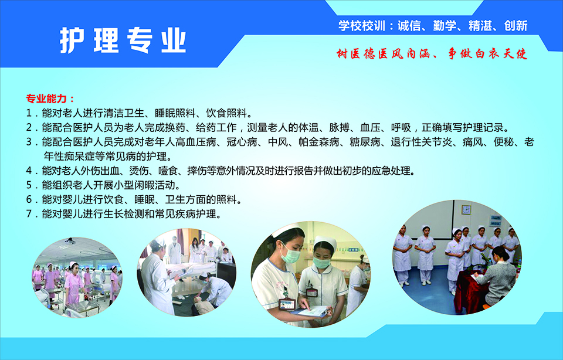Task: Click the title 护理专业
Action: point(123,40)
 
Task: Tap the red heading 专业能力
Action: point(46,99)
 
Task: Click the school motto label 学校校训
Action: point(362,26)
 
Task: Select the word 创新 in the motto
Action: point(515,26)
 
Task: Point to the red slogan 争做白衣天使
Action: point(487,54)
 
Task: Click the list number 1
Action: point(29,113)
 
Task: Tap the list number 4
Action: point(29,171)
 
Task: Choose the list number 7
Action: point(29,214)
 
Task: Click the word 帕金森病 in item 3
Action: point(319,142)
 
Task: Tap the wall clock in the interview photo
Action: point(466,210)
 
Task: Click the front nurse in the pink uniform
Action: point(74,284)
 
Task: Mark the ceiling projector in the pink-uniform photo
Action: point(70,241)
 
